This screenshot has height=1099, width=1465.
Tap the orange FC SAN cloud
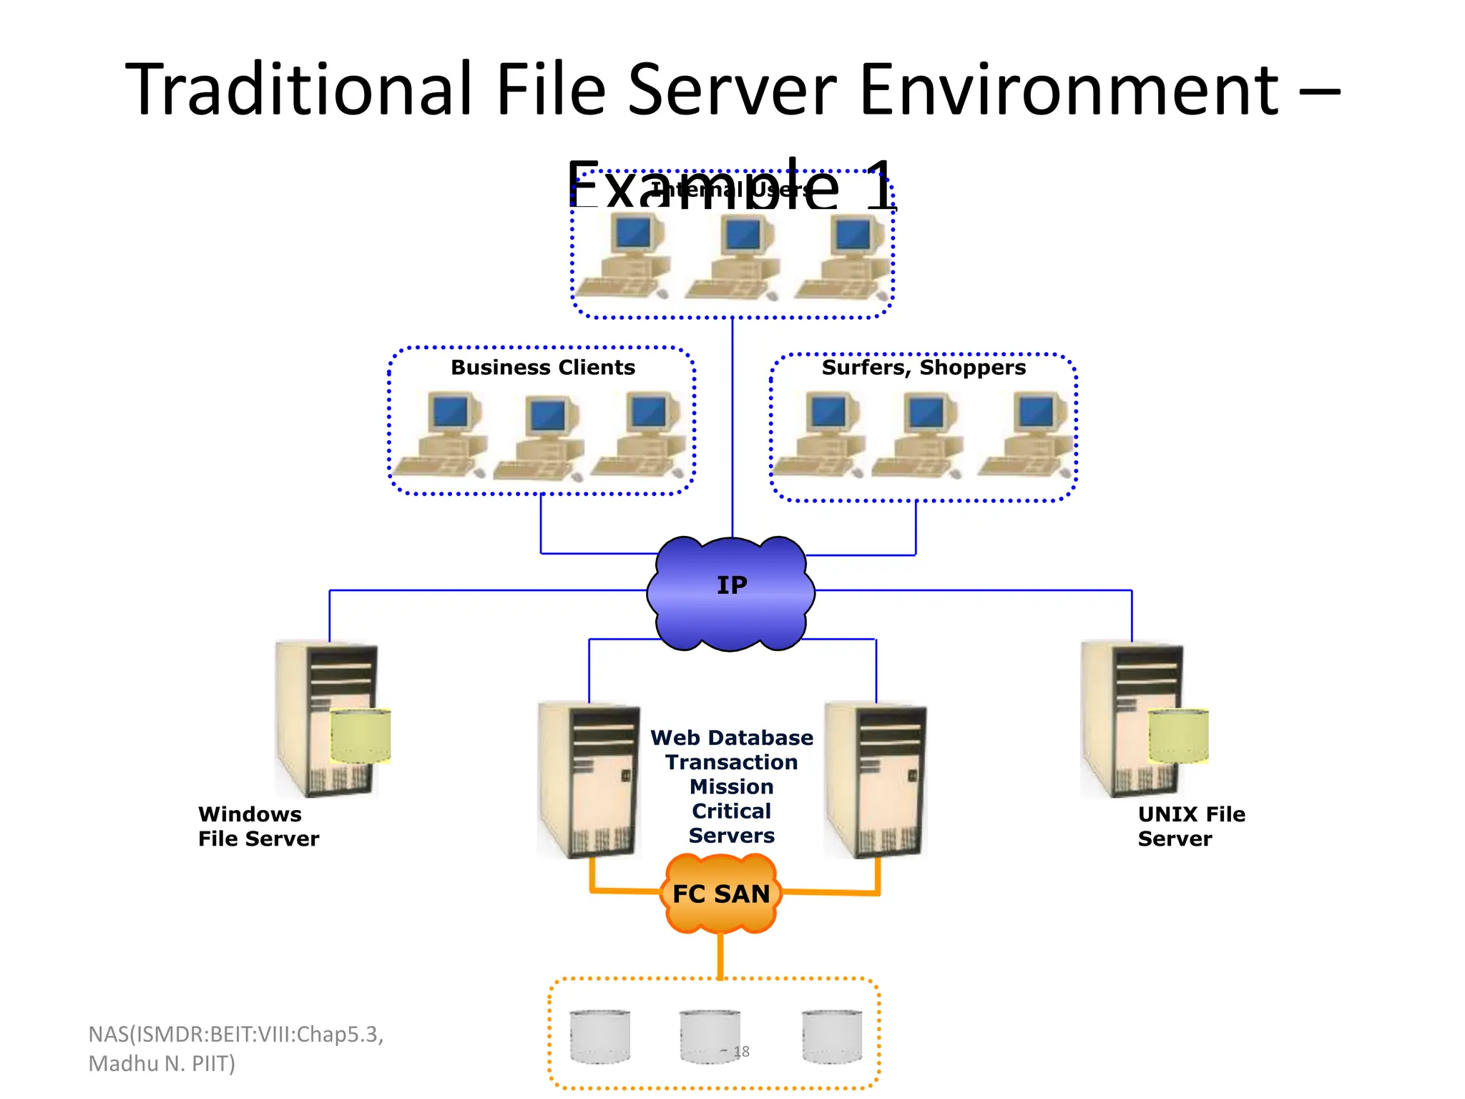[x=721, y=894]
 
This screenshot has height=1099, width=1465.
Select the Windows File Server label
[x=258, y=826]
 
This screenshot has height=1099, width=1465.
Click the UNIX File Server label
[x=1191, y=826]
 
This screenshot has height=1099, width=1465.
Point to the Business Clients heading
[x=543, y=367]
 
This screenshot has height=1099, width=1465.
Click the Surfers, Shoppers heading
[x=923, y=367]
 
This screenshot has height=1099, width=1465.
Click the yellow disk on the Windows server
[x=361, y=736]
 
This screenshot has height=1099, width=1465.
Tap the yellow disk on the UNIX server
[x=1178, y=736]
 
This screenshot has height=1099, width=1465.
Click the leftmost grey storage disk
[x=599, y=1036]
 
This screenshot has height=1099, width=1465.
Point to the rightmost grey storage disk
[x=831, y=1036]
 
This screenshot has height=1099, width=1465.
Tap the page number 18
[x=742, y=1052]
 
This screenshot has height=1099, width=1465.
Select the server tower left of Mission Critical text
[x=588, y=780]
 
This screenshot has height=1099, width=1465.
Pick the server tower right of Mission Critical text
[x=875, y=780]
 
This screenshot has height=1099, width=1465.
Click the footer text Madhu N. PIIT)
[x=162, y=1064]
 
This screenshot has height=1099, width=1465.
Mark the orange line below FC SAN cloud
[x=720, y=955]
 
